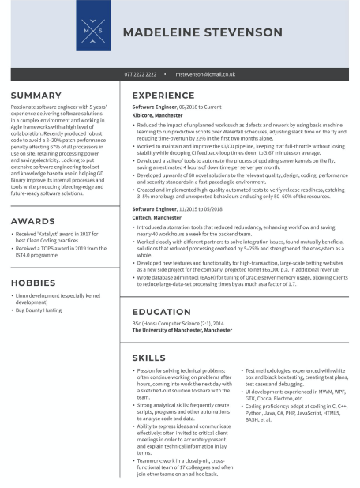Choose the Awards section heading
[x=29, y=222]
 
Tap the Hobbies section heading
[x=32, y=282]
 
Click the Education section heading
[x=161, y=312]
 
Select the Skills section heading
[x=148, y=358]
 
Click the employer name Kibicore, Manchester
[x=157, y=115]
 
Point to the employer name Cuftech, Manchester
[x=156, y=217]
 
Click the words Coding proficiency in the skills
[x=266, y=404]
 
